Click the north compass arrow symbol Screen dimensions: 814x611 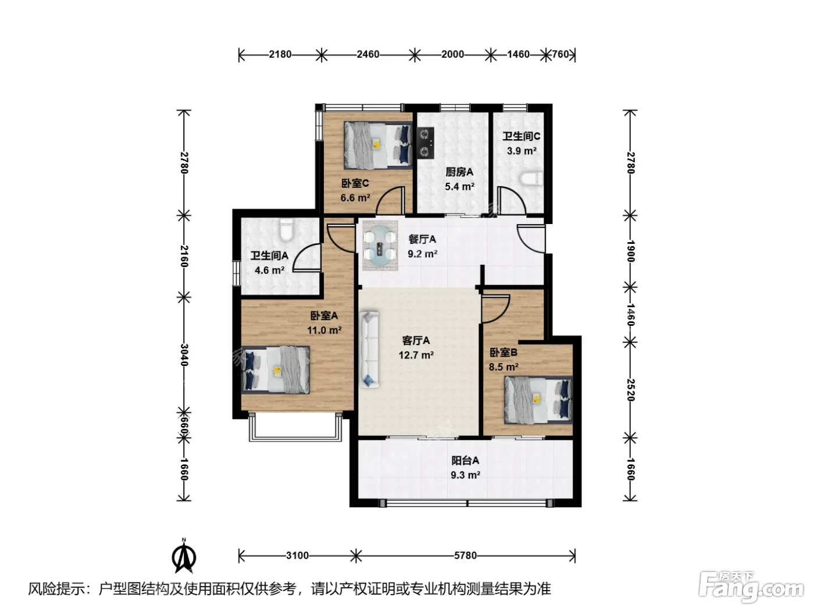pos(184,557)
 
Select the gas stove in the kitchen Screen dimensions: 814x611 pos(426,143)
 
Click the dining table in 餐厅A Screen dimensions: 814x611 pos(380,245)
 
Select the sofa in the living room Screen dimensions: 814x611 pos(369,350)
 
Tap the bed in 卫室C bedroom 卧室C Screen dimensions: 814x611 pos(378,145)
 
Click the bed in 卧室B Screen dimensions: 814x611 pos(538,400)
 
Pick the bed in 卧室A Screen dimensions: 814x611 pos(276,370)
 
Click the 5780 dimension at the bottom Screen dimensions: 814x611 pos(465,555)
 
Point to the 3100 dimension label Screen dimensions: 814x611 pos(298,555)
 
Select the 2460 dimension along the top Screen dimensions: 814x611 pos(368,55)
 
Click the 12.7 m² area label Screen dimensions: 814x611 pos(416,355)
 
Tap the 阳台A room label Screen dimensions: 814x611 pos(465,460)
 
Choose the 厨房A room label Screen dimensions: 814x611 pos(459,172)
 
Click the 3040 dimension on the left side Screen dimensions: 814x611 pos(184,355)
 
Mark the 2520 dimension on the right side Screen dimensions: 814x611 pos(630,390)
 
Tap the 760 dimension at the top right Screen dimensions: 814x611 pos(560,55)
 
